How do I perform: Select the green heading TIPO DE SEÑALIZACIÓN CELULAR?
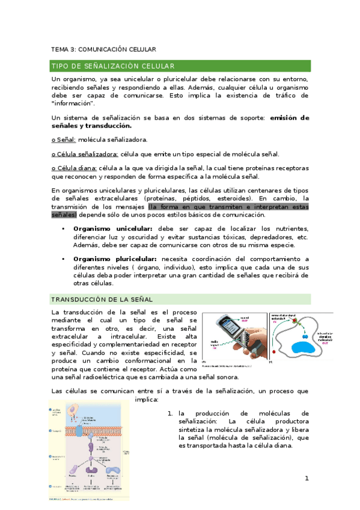tap(113, 66)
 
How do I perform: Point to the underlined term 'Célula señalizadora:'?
tap(85, 154)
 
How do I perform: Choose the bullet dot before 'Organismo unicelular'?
tap(63, 229)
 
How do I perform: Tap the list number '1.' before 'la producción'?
tap(170, 413)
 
